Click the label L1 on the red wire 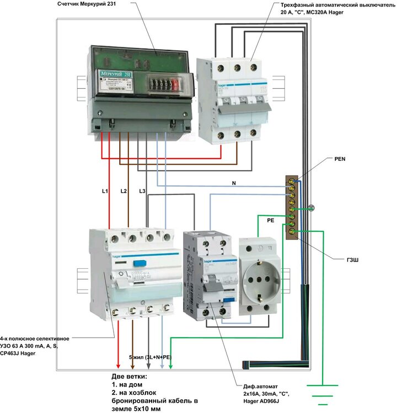click(x=105, y=191)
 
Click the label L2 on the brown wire click(x=124, y=191)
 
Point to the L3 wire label click(x=142, y=191)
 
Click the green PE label click(x=270, y=220)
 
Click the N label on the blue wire click(x=235, y=182)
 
